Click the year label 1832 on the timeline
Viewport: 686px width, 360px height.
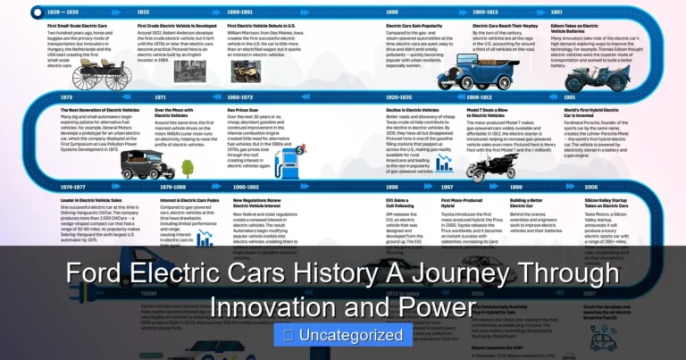point(144,13)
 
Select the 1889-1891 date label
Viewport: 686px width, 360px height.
point(240,13)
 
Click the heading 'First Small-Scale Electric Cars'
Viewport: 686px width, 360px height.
point(79,27)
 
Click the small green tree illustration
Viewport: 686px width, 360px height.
point(188,167)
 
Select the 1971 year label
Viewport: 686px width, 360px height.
point(160,96)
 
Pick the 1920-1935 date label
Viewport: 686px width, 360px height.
point(398,96)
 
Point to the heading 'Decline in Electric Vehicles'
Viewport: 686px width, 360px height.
point(418,109)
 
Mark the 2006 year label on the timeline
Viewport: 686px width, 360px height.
point(590,188)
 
